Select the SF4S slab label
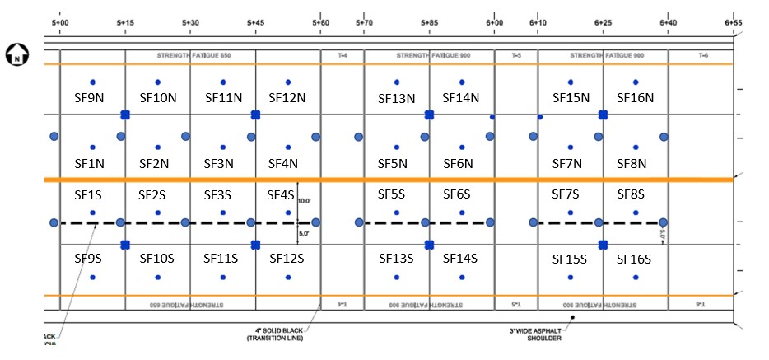[281, 195]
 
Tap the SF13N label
[397, 98]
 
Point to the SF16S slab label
[634, 259]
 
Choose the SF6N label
[458, 163]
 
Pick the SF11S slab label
[222, 259]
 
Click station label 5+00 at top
[60, 22]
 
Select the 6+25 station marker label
[604, 22]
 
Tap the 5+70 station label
[364, 22]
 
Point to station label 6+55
[734, 22]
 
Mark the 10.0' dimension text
[304, 201]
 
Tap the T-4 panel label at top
[343, 55]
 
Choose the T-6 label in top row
[702, 55]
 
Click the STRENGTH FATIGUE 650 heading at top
[190, 55]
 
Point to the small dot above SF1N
[92, 147]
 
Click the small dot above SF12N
[287, 82]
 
